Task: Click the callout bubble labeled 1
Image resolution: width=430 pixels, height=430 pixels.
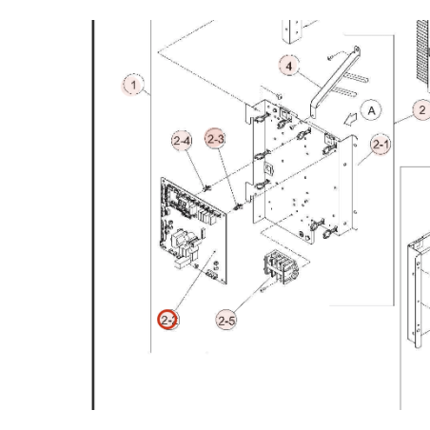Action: pyautogui.click(x=133, y=85)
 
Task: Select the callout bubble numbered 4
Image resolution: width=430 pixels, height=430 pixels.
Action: pyautogui.click(x=289, y=67)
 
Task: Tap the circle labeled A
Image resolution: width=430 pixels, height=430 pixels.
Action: pyautogui.click(x=371, y=110)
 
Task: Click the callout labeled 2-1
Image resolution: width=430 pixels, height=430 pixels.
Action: pyautogui.click(x=381, y=145)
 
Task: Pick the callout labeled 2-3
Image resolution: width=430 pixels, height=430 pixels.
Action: pyautogui.click(x=215, y=139)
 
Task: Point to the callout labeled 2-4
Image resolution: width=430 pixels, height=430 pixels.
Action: pyautogui.click(x=182, y=141)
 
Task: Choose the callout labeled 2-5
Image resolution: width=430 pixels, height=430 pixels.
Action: pyautogui.click(x=226, y=321)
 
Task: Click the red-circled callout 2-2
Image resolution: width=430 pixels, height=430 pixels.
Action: pyautogui.click(x=167, y=320)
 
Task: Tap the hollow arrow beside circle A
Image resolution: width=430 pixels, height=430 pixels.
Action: pyautogui.click(x=350, y=119)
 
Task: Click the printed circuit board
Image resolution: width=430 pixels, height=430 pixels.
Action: pyautogui.click(x=193, y=230)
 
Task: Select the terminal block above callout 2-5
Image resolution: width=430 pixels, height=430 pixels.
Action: pyautogui.click(x=281, y=266)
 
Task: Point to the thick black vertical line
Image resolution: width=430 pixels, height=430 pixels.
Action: pyautogui.click(x=93, y=215)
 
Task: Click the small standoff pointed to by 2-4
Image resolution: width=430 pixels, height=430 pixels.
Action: pyautogui.click(x=207, y=189)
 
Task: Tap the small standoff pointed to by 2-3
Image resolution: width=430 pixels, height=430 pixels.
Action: pyautogui.click(x=238, y=207)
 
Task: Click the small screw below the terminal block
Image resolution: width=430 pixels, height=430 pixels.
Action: pyautogui.click(x=263, y=289)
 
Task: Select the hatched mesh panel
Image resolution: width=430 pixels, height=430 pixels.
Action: pyautogui.click(x=423, y=51)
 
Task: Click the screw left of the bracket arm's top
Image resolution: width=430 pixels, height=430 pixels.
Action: pyautogui.click(x=330, y=57)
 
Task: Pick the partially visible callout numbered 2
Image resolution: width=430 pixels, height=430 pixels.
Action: pyautogui.click(x=421, y=110)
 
